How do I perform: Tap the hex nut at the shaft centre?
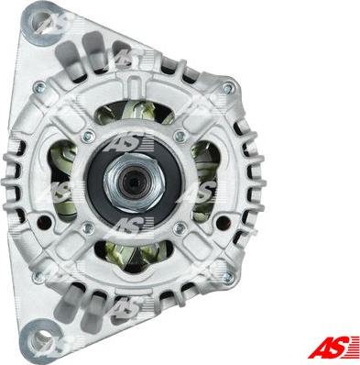coord(135,182)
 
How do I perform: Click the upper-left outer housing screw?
coord(39,87)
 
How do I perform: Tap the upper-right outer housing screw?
coord(228,89)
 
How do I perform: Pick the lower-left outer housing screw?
coord(38,276)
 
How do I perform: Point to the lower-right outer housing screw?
coord(228,277)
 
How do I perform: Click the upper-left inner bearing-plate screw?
coord(88,135)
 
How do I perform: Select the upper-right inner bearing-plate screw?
coord(180,136)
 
